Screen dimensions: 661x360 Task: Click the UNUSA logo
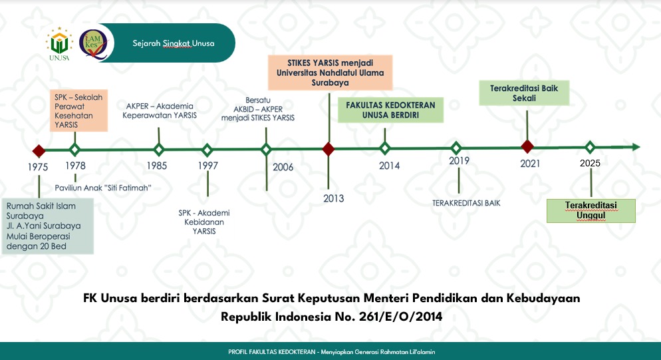(x=59, y=44)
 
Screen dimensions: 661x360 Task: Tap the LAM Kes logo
(x=94, y=44)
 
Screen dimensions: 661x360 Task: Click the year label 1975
(x=38, y=167)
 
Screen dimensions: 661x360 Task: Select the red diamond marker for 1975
(x=39, y=151)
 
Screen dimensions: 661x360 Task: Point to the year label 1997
(x=208, y=166)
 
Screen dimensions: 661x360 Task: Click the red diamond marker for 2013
(x=329, y=149)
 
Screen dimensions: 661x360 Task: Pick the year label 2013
(x=333, y=198)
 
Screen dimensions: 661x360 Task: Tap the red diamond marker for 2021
(x=527, y=146)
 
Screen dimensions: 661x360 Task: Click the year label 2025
(x=590, y=163)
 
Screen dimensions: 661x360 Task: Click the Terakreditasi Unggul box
(x=591, y=210)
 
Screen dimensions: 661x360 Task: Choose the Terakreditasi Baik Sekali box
(x=524, y=93)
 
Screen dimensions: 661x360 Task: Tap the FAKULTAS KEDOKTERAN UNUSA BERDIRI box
(x=390, y=110)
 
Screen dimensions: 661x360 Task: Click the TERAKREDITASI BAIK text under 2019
(x=466, y=203)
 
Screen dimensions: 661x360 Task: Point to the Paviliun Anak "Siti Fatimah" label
(x=103, y=188)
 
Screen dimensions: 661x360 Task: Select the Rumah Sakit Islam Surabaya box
(x=48, y=226)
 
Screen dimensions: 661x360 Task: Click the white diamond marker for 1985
(x=159, y=150)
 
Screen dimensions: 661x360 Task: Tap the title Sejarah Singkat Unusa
(x=174, y=43)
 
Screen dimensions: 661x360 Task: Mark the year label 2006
(x=283, y=167)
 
